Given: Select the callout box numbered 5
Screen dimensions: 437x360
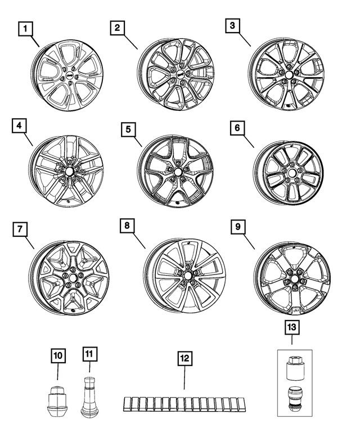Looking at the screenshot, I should coord(129,130).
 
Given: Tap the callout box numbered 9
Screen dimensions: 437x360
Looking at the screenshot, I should coord(238,227).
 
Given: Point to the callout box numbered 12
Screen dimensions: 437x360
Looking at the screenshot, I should coord(184,357).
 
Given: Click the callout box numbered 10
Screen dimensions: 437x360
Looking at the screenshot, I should coord(58,355).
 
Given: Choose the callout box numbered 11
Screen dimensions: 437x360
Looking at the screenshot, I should coord(90,354).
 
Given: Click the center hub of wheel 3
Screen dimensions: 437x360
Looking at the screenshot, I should coord(287,74).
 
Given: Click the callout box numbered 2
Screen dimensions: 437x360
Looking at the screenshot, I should coord(117,28).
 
